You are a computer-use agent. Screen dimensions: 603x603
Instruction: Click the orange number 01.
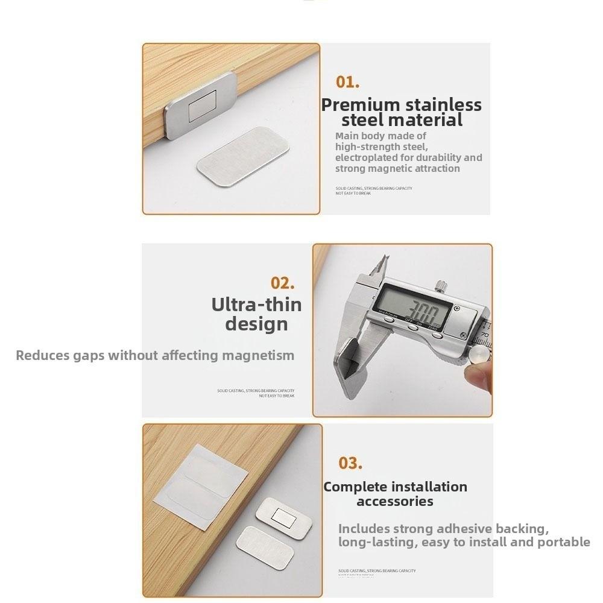[347, 82]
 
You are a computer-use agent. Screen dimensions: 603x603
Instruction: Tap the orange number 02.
[282, 283]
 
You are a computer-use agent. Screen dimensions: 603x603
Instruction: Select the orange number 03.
[350, 463]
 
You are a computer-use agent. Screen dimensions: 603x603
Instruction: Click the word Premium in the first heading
[360, 104]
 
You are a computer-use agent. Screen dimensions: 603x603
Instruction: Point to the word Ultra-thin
[256, 304]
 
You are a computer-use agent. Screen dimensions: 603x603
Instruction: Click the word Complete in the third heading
[356, 487]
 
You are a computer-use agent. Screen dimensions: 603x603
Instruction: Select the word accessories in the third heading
[395, 501]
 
